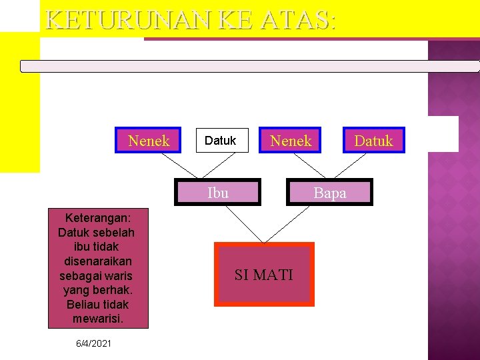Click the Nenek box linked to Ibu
pyautogui.click(x=149, y=141)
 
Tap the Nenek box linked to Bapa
pyautogui.click(x=291, y=141)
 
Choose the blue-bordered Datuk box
pyautogui.click(x=373, y=141)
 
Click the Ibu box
pyautogui.click(x=218, y=193)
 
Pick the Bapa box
pyautogui.click(x=329, y=193)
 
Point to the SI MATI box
pyautogui.click(x=264, y=274)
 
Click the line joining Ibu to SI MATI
pyautogui.click(x=245, y=223)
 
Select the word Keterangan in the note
pyautogui.click(x=97, y=218)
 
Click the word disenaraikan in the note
pyautogui.click(x=98, y=261)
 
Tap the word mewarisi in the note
pyautogui.click(x=98, y=319)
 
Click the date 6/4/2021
pyautogui.click(x=94, y=343)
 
